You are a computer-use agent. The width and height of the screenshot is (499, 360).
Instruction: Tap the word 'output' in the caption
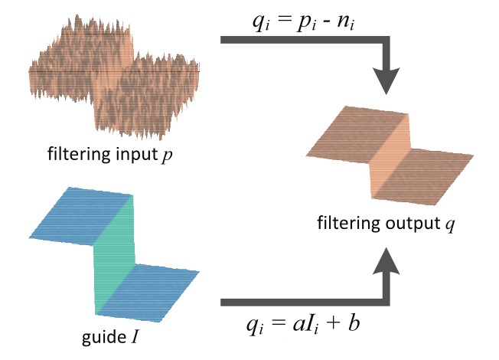point(405,225)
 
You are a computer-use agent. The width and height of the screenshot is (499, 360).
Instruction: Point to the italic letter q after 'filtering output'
point(439,227)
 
